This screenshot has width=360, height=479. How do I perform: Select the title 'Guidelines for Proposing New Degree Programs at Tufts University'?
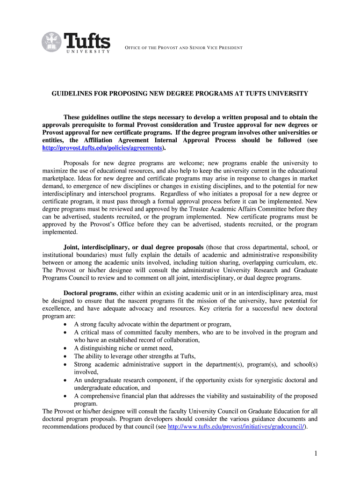[180, 94]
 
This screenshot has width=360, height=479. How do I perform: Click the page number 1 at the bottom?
[315, 454]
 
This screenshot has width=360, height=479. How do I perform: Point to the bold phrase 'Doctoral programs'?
[90, 293]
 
